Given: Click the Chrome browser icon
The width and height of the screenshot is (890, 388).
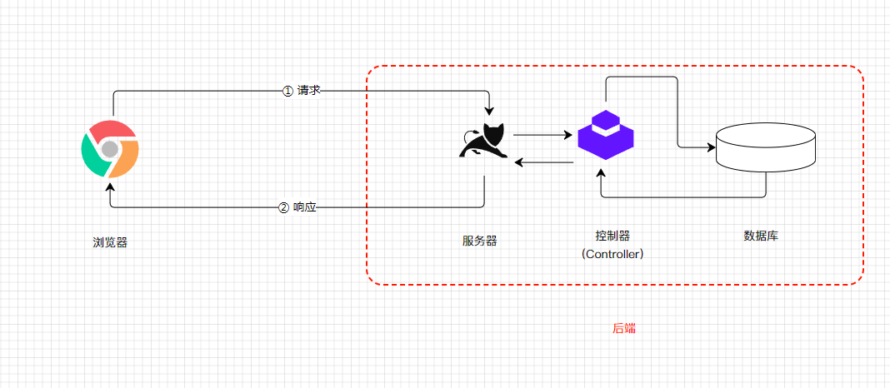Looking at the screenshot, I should pyautogui.click(x=110, y=148).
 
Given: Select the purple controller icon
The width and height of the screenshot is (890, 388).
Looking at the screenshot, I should pyautogui.click(x=606, y=134).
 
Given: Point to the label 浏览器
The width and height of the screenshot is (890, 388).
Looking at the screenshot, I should pyautogui.click(x=110, y=242).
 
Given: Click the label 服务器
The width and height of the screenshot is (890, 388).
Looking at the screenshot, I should pyautogui.click(x=480, y=241).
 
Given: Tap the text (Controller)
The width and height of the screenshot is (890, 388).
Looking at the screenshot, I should pyautogui.click(x=612, y=254).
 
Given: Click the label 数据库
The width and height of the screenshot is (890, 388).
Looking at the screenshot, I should pyautogui.click(x=761, y=236).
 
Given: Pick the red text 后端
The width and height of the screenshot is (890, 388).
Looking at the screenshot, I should pyautogui.click(x=624, y=328).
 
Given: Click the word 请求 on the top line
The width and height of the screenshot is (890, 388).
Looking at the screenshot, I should pyautogui.click(x=308, y=91).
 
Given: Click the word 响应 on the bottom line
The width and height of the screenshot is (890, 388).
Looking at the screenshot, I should pyautogui.click(x=305, y=207).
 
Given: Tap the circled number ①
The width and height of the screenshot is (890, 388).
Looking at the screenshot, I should pyautogui.click(x=288, y=91).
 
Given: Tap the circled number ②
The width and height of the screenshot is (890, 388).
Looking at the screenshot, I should pyautogui.click(x=283, y=207).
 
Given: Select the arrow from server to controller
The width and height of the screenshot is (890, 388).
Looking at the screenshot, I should pyautogui.click(x=542, y=134).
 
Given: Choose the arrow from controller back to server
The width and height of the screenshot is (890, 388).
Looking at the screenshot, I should pyautogui.click(x=542, y=162).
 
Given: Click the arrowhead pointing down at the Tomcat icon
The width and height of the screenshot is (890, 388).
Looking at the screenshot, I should pyautogui.click(x=490, y=111).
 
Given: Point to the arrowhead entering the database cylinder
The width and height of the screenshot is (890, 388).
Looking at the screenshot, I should pyautogui.click(x=712, y=147).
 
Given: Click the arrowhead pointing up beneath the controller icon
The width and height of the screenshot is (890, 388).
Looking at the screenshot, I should pyautogui.click(x=601, y=172).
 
